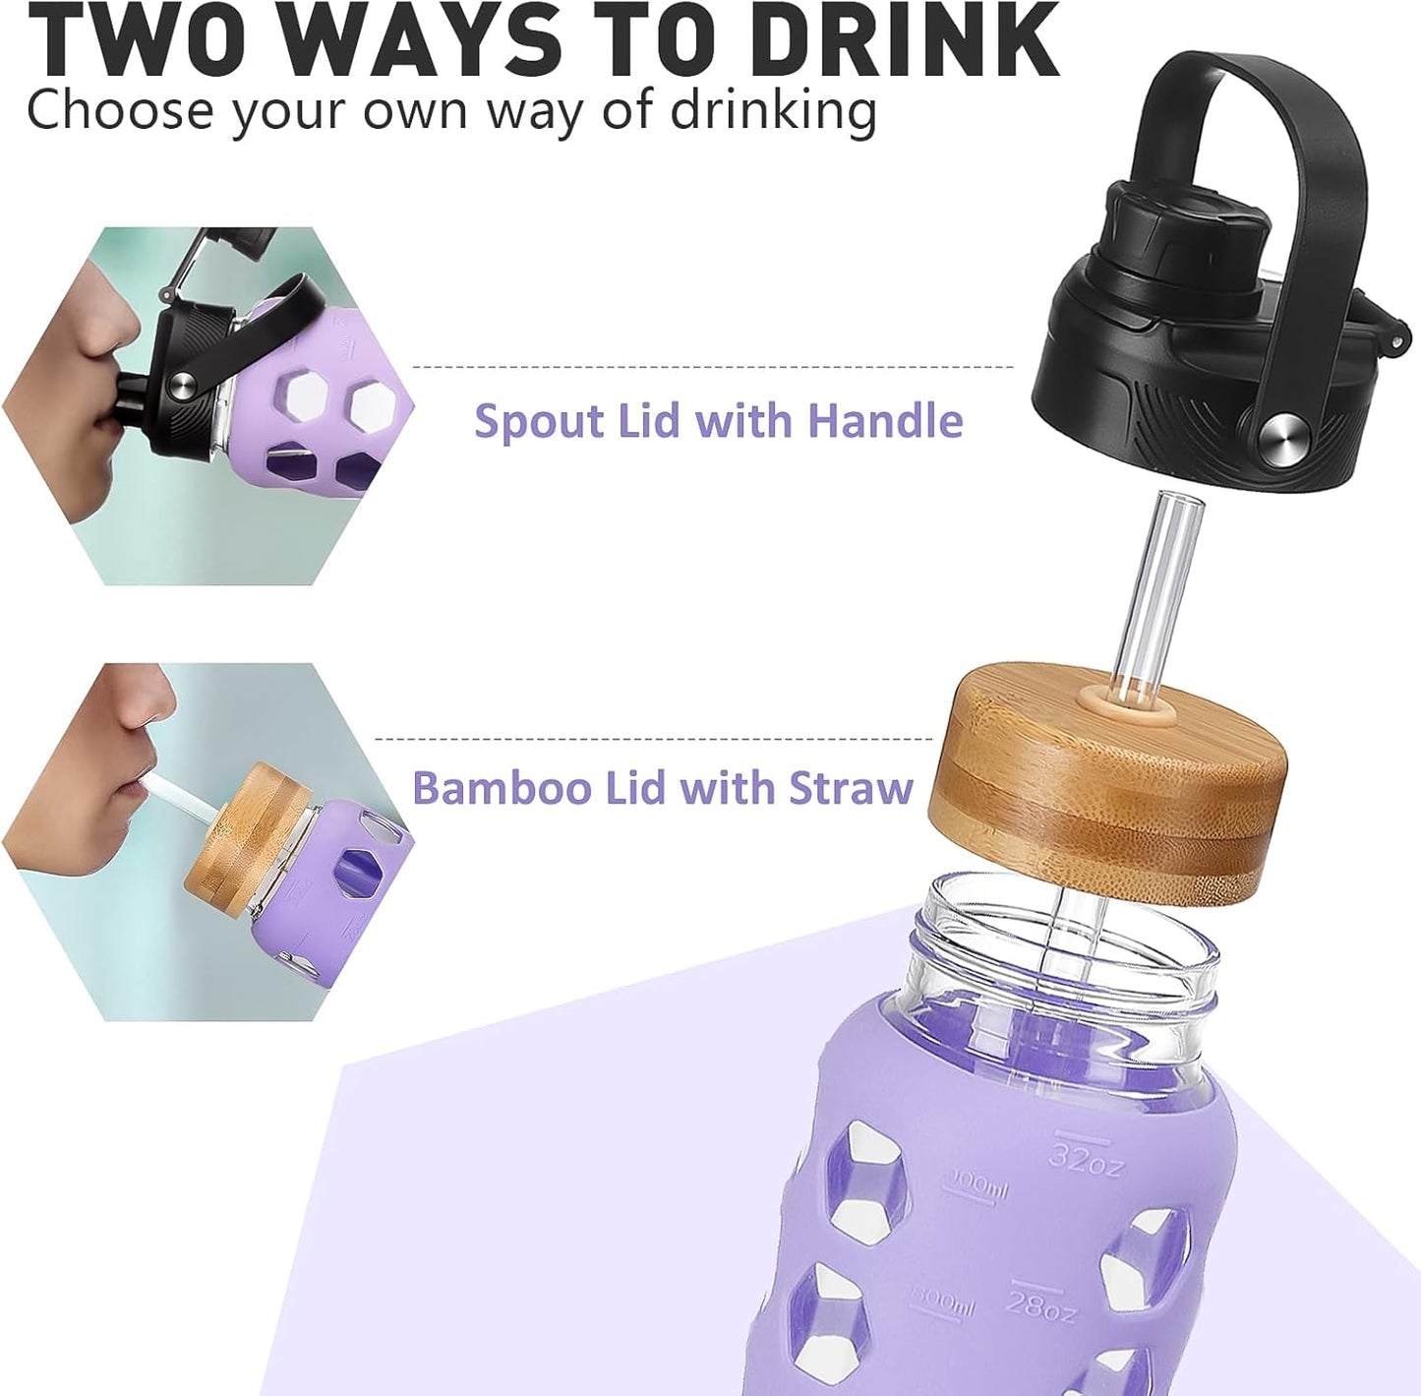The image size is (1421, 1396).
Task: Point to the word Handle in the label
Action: tap(885, 421)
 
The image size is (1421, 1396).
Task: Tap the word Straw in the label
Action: tap(853, 788)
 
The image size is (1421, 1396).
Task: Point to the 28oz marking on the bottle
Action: tap(1041, 1305)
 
